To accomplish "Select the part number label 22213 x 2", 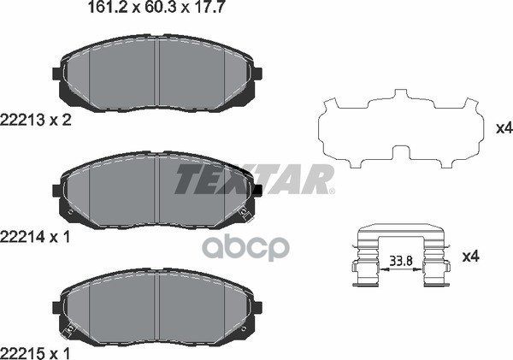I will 35,121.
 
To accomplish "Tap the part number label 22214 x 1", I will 35,236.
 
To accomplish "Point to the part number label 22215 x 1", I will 35,350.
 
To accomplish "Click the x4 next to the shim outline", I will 503,129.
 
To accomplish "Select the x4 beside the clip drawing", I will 469,256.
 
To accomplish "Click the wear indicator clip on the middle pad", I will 248,210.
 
